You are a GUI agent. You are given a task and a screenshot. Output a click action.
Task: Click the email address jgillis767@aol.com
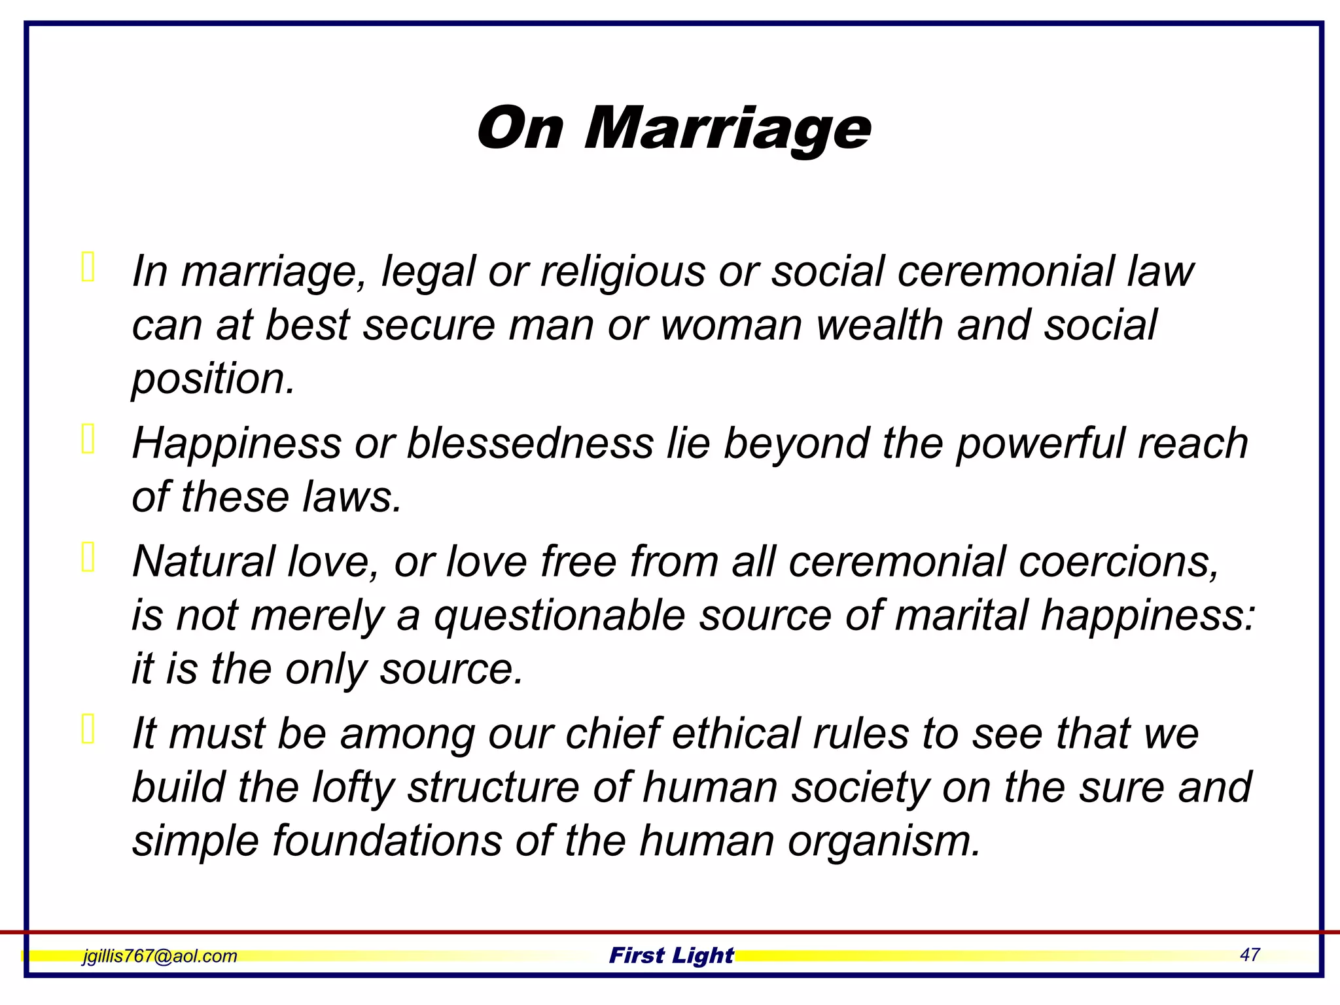[160, 956]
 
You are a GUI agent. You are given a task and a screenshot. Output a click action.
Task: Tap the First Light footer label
[671, 955]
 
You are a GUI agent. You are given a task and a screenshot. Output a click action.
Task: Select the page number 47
[1249, 955]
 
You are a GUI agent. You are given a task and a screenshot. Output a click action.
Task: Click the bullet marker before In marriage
[88, 267]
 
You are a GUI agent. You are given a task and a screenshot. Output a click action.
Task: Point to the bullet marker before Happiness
[88, 438]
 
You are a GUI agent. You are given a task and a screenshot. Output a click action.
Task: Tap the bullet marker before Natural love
[88, 557]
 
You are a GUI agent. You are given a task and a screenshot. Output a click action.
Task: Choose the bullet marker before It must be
[88, 729]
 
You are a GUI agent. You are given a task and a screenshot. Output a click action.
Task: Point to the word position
[213, 379]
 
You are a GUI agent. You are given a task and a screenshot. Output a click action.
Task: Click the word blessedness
[530, 443]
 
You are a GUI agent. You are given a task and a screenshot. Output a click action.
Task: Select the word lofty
[353, 787]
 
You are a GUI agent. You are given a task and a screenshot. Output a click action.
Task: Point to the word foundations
[387, 841]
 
